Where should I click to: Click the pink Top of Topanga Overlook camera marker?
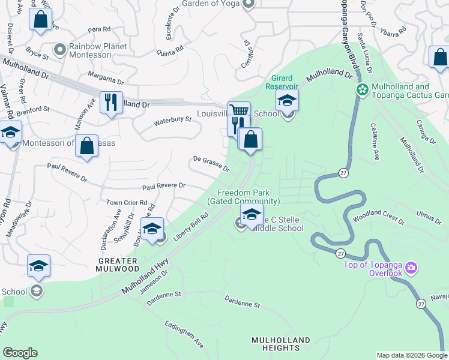411,267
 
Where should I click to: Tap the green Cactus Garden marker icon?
363,90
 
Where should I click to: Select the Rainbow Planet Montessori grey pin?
59,49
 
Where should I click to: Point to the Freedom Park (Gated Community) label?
244,197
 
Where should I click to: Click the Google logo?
20,353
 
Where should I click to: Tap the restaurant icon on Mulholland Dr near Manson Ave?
111,102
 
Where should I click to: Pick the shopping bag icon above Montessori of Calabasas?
86,145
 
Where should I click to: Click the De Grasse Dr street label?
211,164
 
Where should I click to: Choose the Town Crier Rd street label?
127,203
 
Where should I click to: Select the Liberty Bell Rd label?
191,228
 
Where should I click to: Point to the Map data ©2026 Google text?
411,355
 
